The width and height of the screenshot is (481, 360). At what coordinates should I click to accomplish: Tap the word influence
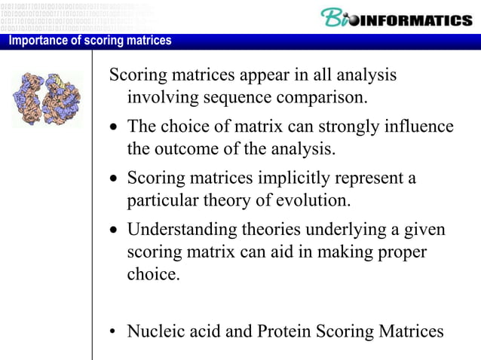point(416,127)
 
